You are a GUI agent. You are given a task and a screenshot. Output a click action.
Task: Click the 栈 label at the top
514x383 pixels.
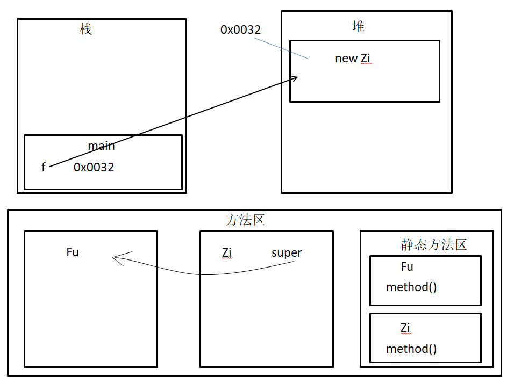[85, 29]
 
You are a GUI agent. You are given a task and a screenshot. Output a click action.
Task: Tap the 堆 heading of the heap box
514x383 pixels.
[358, 26]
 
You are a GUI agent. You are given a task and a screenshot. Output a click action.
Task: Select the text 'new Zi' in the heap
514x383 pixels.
[353, 59]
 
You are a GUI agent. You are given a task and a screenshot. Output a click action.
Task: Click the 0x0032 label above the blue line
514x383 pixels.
[240, 30]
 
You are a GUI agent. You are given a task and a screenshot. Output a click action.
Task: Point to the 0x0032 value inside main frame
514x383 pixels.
[94, 167]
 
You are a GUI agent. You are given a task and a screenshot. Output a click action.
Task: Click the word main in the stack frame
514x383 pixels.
[101, 146]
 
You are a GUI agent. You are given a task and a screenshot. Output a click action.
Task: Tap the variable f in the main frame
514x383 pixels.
[44, 167]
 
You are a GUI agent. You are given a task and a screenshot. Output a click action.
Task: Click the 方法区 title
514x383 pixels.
[245, 220]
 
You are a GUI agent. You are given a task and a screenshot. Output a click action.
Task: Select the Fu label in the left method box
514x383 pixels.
[73, 252]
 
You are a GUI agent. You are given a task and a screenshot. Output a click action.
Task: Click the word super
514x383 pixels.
[287, 252]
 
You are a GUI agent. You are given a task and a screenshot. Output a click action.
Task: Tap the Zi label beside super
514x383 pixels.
[226, 252]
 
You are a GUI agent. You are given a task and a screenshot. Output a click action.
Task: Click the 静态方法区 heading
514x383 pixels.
[433, 244]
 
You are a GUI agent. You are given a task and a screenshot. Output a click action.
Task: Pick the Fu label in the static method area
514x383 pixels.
[407, 266]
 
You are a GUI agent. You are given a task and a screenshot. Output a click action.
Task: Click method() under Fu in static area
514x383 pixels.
[411, 287]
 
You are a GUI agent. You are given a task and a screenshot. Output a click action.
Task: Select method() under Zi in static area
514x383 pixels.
[411, 349]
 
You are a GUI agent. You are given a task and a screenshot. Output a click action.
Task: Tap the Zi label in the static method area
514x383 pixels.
[405, 328]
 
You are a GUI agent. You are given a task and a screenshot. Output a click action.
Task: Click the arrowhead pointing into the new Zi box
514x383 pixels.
[294, 78]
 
